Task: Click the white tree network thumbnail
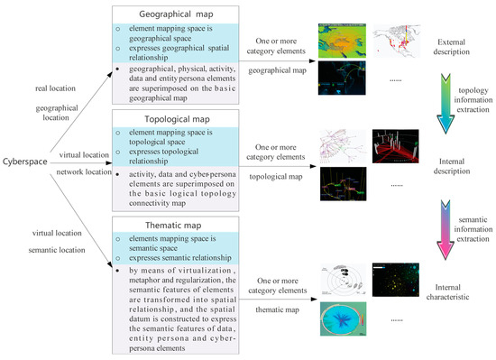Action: [343, 146]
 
